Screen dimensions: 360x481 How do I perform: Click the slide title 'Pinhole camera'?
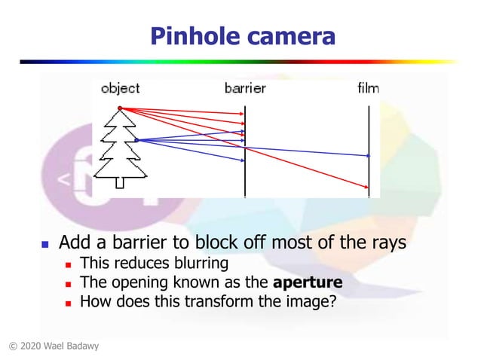point(241,35)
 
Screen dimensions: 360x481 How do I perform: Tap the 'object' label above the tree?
point(121,89)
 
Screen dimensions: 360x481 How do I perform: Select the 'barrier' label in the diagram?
point(245,89)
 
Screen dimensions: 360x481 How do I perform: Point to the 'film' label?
point(368,89)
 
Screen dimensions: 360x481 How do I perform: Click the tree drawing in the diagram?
point(120,147)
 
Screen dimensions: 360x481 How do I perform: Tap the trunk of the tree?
point(120,181)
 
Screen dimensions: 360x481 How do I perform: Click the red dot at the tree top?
point(120,108)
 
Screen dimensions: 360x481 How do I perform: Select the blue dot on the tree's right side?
point(136,139)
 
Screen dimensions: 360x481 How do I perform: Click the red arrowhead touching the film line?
point(366,188)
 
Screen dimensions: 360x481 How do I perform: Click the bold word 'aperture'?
point(308,283)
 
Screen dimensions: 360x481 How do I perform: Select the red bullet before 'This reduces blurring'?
point(68,264)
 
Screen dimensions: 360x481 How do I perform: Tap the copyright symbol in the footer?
point(12,346)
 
